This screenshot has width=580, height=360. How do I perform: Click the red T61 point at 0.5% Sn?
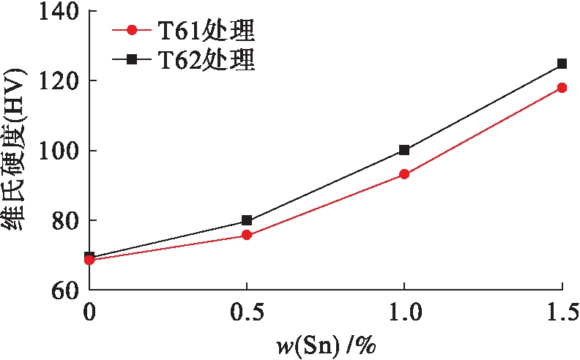pyautogui.click(x=247, y=235)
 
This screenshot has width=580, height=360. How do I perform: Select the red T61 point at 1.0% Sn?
pyautogui.click(x=404, y=174)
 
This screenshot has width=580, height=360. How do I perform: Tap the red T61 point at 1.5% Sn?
pyautogui.click(x=562, y=87)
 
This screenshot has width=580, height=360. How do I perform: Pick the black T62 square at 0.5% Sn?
pyautogui.click(x=247, y=220)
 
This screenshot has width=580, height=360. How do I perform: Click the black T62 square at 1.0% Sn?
pyautogui.click(x=404, y=150)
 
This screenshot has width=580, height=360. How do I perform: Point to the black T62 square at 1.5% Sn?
pyautogui.click(x=562, y=64)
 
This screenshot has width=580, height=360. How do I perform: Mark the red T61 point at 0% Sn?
pyautogui.click(x=89, y=260)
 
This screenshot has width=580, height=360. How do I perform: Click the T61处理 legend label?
pyautogui.click(x=207, y=31)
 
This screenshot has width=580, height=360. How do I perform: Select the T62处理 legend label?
pyautogui.click(x=207, y=59)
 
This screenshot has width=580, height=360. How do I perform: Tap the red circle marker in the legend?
pyautogui.click(x=132, y=31)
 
